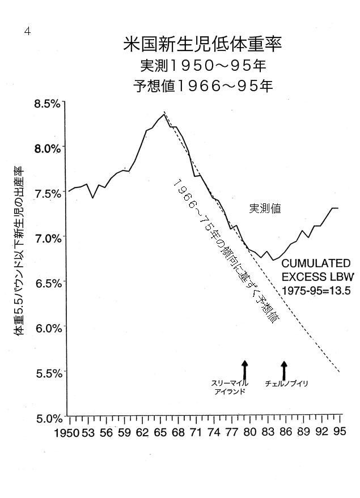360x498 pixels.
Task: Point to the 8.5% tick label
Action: [46, 104]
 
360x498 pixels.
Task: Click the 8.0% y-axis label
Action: [46, 148]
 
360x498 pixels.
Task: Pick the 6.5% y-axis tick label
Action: [46, 283]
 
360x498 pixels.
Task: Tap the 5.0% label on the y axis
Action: [46, 419]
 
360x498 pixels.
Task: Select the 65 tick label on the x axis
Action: [160, 433]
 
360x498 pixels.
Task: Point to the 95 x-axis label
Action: [340, 433]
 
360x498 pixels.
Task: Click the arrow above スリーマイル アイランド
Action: [244, 369]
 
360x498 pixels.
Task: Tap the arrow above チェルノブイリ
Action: [284, 369]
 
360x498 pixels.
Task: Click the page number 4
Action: [27, 31]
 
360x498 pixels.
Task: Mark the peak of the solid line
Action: [163, 114]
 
